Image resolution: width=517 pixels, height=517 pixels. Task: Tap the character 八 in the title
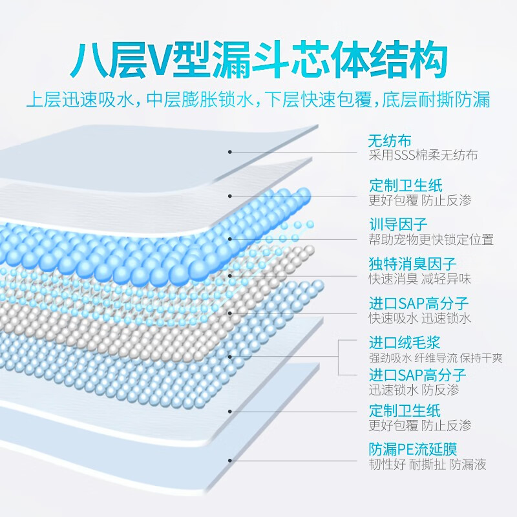89,60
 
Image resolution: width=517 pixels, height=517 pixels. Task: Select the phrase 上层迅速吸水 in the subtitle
80,99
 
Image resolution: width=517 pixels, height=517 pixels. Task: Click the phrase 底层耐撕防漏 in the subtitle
436,99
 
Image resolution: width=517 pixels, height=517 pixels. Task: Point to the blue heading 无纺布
390,141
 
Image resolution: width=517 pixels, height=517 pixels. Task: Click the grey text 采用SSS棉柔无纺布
423,155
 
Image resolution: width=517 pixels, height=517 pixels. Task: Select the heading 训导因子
398,224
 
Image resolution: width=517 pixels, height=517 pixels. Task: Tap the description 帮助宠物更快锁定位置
431,240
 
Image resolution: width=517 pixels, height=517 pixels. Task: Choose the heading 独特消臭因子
412,264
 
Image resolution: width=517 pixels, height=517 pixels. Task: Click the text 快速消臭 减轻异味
419,279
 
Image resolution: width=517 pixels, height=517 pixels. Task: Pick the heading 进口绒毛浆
405,343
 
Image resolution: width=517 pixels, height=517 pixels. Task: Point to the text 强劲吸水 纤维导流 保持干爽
436,358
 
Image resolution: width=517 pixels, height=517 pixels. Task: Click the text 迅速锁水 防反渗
414,390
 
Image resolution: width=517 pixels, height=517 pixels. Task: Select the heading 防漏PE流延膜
413,449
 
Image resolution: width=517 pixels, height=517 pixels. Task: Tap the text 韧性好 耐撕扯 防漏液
427,464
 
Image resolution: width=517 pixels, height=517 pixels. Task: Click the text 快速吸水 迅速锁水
419,318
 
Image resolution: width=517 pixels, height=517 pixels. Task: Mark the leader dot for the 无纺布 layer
230,152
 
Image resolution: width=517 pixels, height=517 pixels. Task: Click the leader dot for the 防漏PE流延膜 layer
230,461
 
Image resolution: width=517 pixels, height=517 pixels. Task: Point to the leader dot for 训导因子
230,239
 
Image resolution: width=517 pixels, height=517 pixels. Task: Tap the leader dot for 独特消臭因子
230,276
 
